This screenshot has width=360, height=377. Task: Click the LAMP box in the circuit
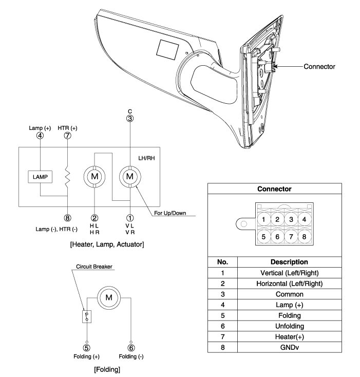pyautogui.click(x=40, y=177)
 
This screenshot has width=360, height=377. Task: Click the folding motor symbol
pyautogui.click(x=109, y=297)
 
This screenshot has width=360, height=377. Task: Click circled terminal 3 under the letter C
pyautogui.click(x=130, y=118)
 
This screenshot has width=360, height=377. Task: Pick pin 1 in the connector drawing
pyautogui.click(x=263, y=219)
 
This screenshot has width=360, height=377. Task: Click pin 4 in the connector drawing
pyautogui.click(x=304, y=219)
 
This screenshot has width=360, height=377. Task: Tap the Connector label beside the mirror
pyautogui.click(x=319, y=66)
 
